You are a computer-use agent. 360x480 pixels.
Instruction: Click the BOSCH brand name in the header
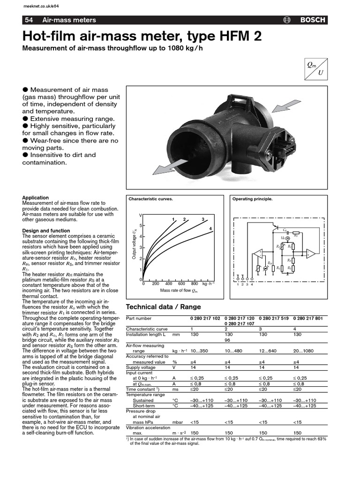point(313,20)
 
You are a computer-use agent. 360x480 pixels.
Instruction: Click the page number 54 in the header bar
point(29,20)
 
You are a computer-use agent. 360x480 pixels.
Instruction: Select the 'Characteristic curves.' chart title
point(150,199)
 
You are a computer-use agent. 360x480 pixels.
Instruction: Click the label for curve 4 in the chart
point(210,228)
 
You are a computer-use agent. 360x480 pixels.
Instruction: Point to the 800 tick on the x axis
point(194,284)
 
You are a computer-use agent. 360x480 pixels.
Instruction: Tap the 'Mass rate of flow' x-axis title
point(179,291)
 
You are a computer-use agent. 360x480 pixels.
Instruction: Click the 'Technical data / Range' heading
point(164,307)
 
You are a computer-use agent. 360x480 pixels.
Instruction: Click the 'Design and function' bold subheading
point(46,231)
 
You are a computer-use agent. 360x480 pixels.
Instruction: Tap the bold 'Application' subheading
point(36,198)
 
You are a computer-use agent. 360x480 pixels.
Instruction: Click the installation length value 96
point(228,340)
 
